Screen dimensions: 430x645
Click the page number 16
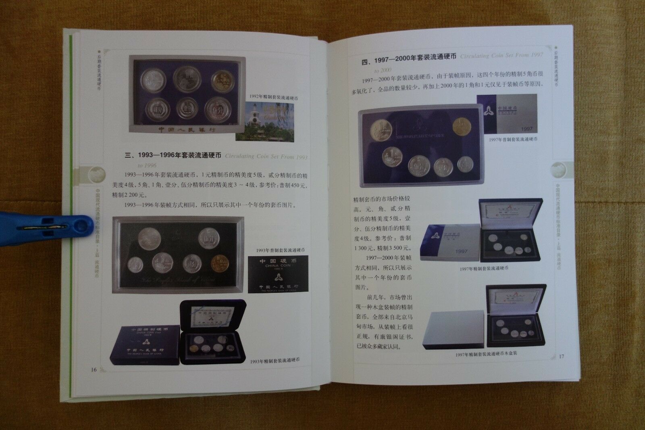pos(94,369)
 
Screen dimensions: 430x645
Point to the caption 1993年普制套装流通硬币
pos(280,250)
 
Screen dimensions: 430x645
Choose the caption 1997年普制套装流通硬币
pos(513,139)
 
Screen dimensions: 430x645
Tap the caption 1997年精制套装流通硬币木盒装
pos(486,354)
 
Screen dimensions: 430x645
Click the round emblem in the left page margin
pos(97,174)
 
